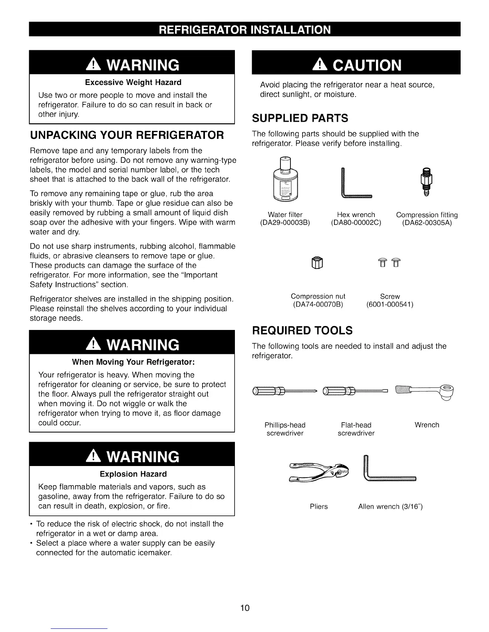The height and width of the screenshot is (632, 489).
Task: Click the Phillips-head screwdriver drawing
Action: coord(284,390)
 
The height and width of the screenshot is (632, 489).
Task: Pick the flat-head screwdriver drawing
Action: coord(356,390)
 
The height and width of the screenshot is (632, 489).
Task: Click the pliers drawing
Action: coord(318,471)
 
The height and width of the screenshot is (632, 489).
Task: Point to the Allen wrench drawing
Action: coord(390,471)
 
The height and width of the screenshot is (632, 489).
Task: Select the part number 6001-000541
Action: coord(390,305)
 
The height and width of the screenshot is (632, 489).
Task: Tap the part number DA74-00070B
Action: coord(318,305)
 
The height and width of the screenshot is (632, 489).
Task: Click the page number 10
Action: coord(245,608)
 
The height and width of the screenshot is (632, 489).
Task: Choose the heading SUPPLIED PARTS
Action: coord(300,118)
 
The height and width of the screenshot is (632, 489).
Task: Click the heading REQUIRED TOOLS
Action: coord(302,330)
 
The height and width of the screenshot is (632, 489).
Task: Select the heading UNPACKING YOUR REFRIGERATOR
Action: coord(127,134)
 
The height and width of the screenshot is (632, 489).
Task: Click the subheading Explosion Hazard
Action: coord(133,474)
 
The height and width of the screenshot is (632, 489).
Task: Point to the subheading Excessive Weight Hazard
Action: coord(133,82)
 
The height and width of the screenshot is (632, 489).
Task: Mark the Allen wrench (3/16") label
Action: coord(390,506)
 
